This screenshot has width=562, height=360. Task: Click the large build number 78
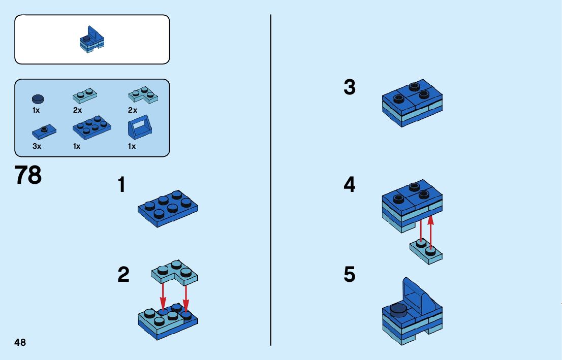coord(28,176)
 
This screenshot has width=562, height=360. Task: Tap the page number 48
coord(20,342)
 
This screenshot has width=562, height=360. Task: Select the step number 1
coord(122,185)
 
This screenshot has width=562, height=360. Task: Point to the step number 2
coord(123,275)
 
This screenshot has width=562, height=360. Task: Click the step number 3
coord(350,87)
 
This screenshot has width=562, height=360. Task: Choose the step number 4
coord(350,185)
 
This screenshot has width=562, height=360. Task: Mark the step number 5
coord(350,275)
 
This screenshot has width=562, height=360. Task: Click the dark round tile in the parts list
coord(38,99)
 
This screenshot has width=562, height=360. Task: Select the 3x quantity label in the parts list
coord(37,146)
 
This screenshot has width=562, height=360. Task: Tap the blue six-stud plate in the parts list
coord(92,127)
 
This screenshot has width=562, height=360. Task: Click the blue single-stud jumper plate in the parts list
coord(44,132)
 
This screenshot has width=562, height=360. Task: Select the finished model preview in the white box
coord(92,39)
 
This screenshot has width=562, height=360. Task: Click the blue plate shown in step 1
coord(168,208)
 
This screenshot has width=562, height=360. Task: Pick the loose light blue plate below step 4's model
coord(426,251)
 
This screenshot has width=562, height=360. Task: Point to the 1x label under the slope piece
coord(132,146)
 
